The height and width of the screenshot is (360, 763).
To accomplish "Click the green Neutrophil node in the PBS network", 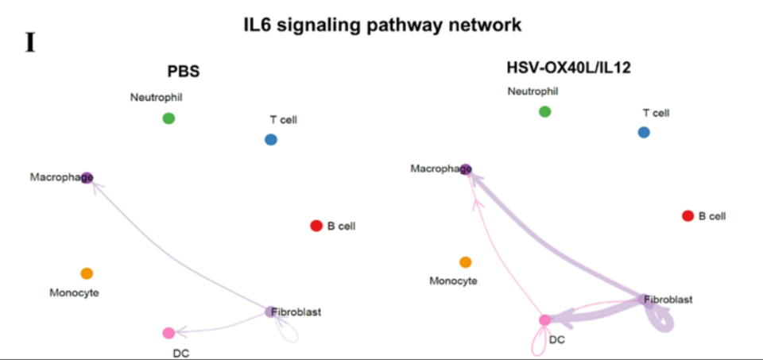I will point(168,118).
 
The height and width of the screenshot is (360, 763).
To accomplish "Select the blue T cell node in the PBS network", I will point(271,140).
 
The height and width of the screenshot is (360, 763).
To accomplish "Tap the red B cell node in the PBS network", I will point(316,226).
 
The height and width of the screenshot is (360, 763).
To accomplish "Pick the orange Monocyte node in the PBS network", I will point(87,273).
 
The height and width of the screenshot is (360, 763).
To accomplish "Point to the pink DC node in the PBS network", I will point(168,332).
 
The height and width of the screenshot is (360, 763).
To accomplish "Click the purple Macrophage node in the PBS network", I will point(87,176).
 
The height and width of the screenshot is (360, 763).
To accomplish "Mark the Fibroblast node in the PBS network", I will point(271,312).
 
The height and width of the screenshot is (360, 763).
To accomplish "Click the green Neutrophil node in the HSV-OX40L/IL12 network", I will point(544,111).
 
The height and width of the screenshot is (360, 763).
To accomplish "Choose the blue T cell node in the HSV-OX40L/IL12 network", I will point(644,132).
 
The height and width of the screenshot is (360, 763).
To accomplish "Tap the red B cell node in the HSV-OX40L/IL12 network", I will point(688,215).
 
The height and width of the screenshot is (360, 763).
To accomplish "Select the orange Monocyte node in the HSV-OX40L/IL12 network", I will point(466,262).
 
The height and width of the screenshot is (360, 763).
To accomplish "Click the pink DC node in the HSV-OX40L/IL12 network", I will point(544,320).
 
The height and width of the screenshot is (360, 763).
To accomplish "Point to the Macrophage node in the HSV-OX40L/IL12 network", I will point(467,168).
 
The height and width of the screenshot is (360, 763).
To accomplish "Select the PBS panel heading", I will point(183,72).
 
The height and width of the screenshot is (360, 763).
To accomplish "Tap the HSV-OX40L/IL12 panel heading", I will point(568,68).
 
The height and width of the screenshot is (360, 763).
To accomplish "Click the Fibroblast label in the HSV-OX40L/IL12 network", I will point(668,300).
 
